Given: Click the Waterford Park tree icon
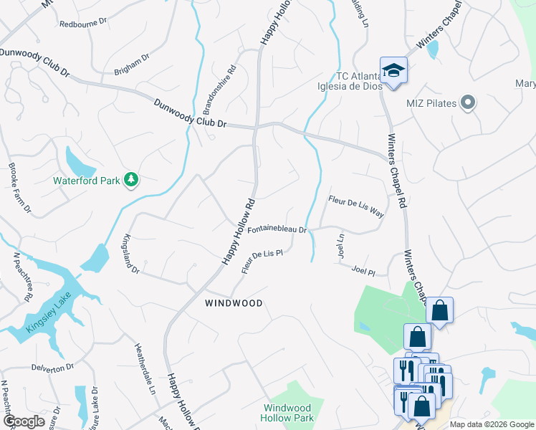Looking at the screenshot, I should point(131,180).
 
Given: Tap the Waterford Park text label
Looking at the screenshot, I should point(86,181).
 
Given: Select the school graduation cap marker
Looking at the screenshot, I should point(393,70).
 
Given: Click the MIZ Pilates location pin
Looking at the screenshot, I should point(468,103).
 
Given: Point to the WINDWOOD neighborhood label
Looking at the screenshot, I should point(233,303).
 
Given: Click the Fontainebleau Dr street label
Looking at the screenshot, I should point(277,231).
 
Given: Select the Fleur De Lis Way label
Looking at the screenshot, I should point(356,206).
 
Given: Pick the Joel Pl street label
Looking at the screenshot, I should point(364,271).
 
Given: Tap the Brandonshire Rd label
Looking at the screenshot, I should point(219,91).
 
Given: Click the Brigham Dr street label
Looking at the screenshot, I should point(131,66).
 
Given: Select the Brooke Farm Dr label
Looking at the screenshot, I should point(19,188).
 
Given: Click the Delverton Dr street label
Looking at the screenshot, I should point(52,367).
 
